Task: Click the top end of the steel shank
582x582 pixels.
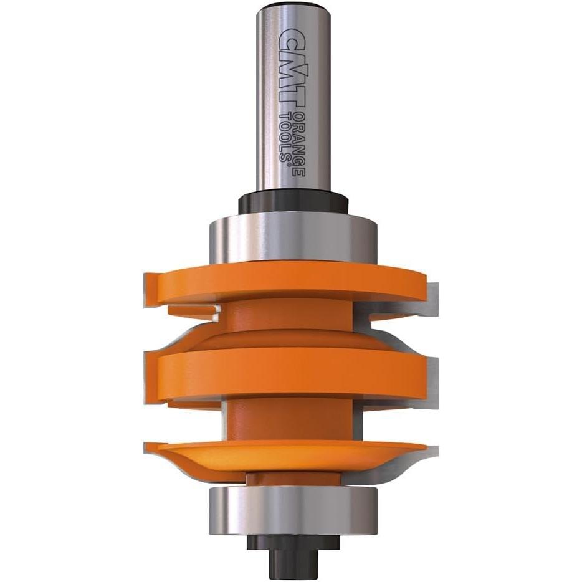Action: pos(292,7)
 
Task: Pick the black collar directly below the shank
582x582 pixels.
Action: pos(292,204)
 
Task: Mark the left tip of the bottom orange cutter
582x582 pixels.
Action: pos(150,446)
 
